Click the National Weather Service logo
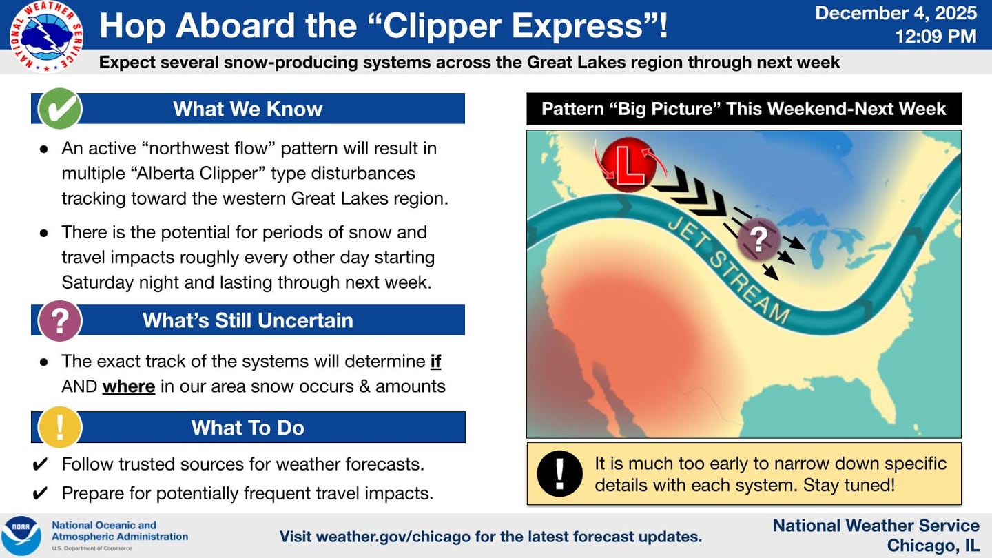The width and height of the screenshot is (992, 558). click(47, 37)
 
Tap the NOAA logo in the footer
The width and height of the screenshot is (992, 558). click(21, 535)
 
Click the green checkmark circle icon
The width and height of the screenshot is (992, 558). click(60, 109)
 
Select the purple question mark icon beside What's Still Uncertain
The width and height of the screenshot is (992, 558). click(60, 320)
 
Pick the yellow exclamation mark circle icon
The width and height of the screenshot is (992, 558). click(60, 427)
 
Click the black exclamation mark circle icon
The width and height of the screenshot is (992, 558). click(559, 474)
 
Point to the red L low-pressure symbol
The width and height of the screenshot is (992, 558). click(630, 165)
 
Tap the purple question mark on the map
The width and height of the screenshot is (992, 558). click(758, 240)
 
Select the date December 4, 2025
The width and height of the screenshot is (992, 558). click(896, 13)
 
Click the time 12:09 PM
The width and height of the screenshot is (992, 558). click(936, 36)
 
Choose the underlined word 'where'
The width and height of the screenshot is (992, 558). click(128, 386)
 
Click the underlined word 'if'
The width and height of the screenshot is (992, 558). click(436, 362)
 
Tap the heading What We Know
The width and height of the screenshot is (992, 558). click(247, 109)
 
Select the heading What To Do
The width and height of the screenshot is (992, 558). click(247, 428)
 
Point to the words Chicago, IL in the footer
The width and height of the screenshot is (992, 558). click(933, 546)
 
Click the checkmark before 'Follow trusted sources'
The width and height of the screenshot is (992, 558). click(40, 464)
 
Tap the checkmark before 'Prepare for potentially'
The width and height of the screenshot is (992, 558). click(40, 493)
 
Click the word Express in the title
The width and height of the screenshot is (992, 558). click(577, 25)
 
